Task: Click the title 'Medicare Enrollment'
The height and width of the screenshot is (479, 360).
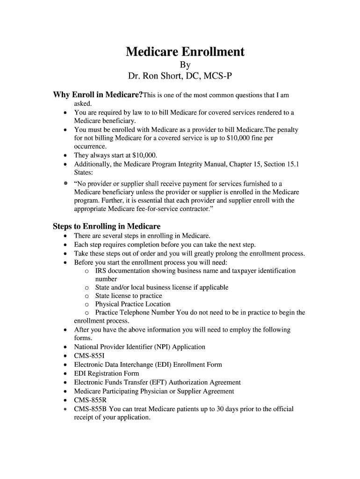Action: (x=185, y=51)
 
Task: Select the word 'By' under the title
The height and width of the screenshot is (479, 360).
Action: (x=185, y=65)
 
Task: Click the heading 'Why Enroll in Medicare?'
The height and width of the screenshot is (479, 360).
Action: (x=98, y=95)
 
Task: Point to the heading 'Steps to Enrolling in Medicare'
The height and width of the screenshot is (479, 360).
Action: (x=107, y=226)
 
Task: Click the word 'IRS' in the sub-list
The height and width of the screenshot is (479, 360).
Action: (x=101, y=271)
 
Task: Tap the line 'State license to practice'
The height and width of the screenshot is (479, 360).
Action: (x=129, y=296)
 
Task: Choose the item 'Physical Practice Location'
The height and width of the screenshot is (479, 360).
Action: (x=133, y=304)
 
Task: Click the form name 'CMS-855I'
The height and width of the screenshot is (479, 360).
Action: (x=90, y=356)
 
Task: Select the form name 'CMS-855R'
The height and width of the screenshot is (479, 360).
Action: (x=90, y=400)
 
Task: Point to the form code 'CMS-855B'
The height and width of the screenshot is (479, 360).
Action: (x=91, y=409)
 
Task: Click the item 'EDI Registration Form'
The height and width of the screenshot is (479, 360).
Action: (x=107, y=373)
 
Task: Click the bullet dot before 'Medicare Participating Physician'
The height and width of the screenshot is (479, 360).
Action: (x=65, y=392)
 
